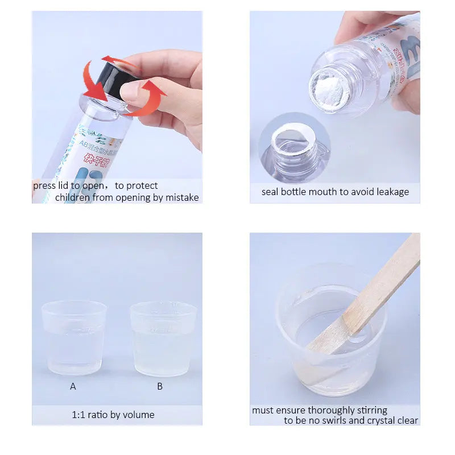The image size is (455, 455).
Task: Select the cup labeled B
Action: pyautogui.click(x=163, y=338)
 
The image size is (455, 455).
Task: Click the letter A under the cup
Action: pyautogui.click(x=73, y=386)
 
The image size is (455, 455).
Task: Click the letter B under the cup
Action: pyautogui.click(x=160, y=386)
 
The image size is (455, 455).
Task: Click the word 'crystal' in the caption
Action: pyautogui.click(x=387, y=420)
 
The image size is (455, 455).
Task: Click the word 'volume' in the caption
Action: pyautogui.click(x=139, y=415)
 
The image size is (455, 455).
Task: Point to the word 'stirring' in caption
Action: pyautogui.click(x=371, y=410)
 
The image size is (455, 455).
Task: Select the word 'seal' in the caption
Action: pyautogui.click(x=270, y=192)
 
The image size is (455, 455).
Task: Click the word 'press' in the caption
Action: pyautogui.click(x=44, y=185)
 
